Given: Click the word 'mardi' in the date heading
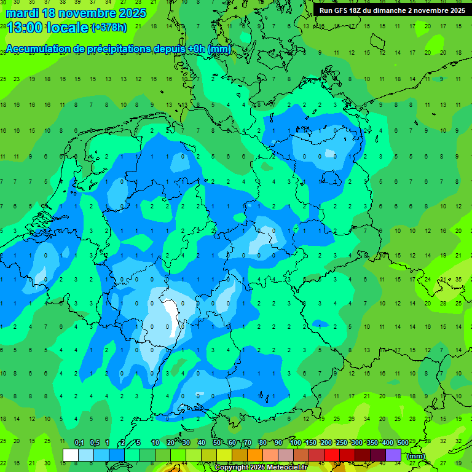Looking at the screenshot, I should (22, 13).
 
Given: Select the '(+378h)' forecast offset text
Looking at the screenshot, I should (110, 27).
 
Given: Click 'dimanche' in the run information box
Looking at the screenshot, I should (388, 10).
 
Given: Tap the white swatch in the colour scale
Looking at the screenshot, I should (71, 455).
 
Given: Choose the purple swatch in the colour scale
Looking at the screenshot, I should (393, 455).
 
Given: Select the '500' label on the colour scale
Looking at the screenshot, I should (403, 443).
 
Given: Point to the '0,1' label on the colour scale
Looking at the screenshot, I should (79, 443).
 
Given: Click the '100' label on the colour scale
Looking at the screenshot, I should (296, 443).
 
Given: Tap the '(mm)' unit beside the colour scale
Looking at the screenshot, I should (416, 456).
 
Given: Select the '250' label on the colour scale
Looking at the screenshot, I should (342, 443).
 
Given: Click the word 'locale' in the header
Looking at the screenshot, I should (67, 27).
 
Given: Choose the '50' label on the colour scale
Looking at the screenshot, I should (217, 443).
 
